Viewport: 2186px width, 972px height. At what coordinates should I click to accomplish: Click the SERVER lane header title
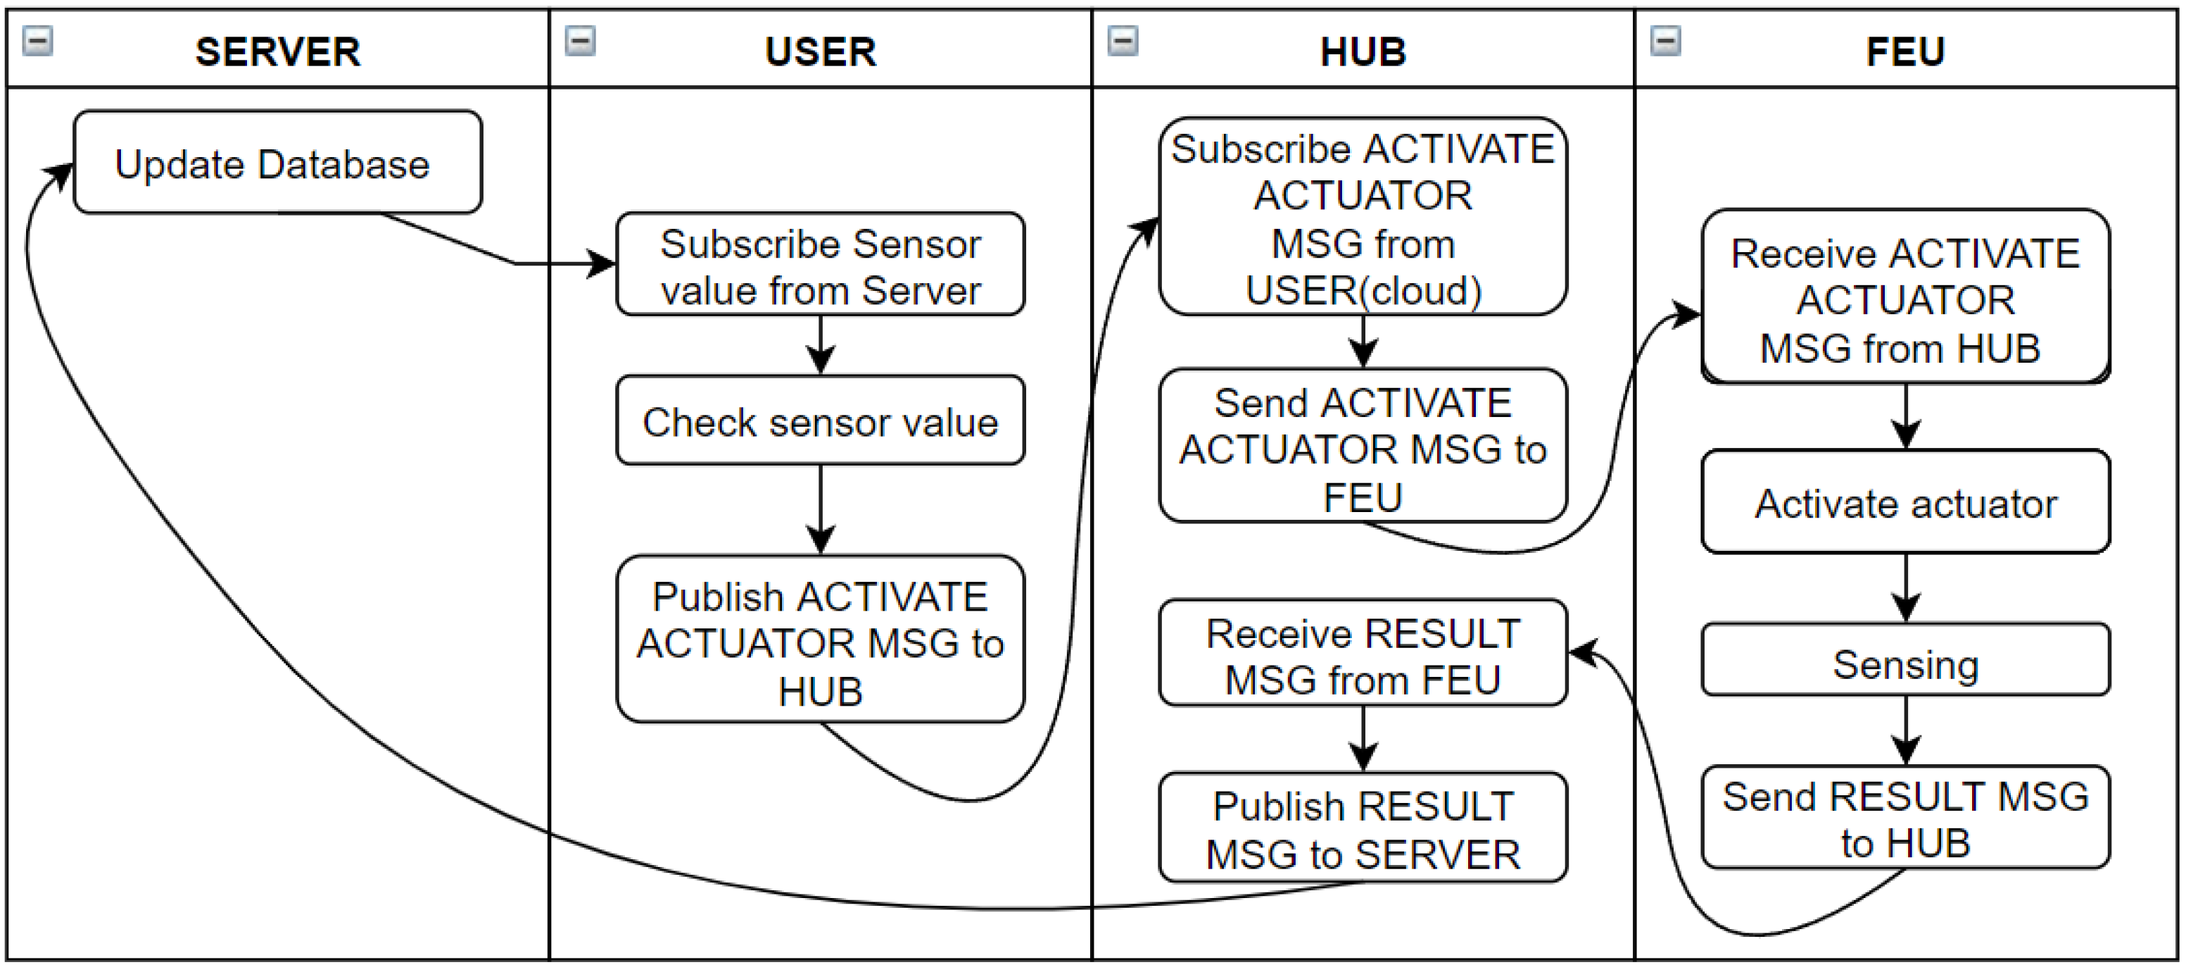coord(277,51)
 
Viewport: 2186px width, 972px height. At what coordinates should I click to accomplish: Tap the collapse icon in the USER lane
coord(581,40)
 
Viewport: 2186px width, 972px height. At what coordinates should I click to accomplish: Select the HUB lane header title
coord(1363,51)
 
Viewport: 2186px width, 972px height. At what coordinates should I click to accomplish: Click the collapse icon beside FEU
coord(1665,40)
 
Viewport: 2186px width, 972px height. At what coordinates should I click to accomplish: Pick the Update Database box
coord(277,162)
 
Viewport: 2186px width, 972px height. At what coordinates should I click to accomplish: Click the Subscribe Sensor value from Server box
coord(820,265)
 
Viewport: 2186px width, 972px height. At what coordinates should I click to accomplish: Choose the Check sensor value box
coord(820,421)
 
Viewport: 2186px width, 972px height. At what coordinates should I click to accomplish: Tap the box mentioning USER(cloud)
coord(1363,218)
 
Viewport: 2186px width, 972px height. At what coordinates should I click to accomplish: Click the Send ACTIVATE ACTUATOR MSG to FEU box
coord(1363,447)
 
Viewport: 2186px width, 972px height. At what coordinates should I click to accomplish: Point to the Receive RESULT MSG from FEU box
coord(1363,654)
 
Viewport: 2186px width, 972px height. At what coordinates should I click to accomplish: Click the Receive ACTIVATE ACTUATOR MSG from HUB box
coord(1905,298)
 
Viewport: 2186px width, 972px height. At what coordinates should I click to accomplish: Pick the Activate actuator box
coord(1905,503)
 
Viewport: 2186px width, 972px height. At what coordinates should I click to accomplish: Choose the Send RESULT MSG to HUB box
coord(1905,818)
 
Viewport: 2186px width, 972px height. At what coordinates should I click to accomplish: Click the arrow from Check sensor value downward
coord(820,509)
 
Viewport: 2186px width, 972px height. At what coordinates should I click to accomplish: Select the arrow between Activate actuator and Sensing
coord(1906,588)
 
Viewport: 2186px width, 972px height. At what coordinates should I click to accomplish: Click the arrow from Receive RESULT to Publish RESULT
coord(1363,739)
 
